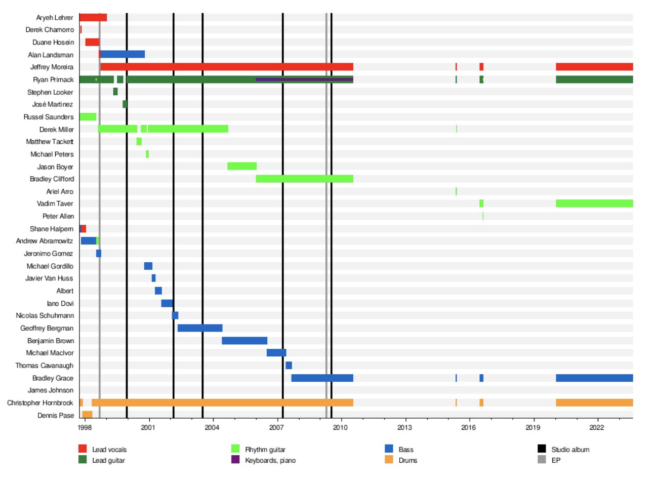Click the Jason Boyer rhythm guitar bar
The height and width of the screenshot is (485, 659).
point(242,166)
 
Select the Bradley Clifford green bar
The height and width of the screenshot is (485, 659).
point(304,179)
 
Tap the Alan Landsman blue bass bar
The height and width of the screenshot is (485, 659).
point(122,54)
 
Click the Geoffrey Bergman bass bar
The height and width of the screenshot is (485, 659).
point(200,328)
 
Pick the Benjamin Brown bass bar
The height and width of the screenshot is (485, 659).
point(244,341)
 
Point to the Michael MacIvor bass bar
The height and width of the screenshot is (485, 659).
point(276,353)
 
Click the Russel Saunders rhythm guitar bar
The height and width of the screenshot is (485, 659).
point(88,117)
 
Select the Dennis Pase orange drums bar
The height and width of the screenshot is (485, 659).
point(87,415)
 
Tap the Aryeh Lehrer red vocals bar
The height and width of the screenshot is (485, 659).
point(93,18)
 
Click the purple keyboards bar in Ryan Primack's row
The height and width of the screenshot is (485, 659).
point(304,79)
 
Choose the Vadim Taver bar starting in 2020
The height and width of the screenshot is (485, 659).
point(594,204)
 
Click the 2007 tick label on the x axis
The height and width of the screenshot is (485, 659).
point(276,427)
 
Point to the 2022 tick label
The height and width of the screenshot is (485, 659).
point(597,427)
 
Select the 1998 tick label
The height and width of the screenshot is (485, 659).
point(85,427)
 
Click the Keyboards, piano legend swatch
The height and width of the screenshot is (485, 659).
point(235,460)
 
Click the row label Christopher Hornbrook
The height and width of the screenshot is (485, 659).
point(40,403)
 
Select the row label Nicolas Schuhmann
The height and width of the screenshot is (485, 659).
point(45,315)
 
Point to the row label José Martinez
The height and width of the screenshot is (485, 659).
point(53,104)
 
